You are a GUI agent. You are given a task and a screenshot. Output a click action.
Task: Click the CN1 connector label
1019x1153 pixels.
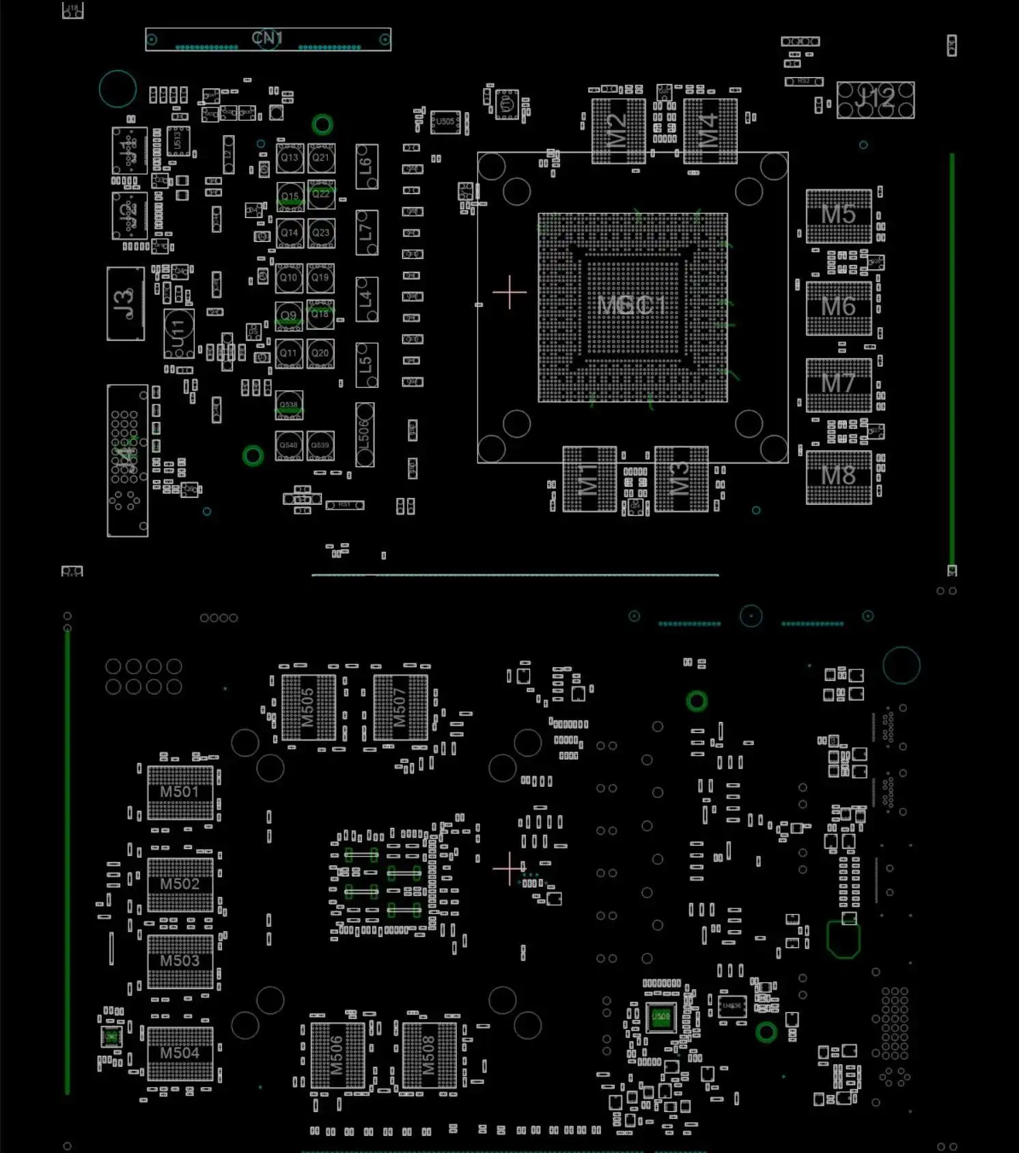click(x=267, y=38)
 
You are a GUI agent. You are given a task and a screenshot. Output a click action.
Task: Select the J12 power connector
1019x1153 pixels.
click(x=875, y=100)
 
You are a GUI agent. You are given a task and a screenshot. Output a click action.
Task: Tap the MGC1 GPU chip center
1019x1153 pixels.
click(x=632, y=306)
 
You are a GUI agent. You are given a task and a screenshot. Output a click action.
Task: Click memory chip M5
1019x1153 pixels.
click(x=838, y=215)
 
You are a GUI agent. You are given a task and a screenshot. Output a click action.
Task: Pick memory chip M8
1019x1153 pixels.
click(x=838, y=476)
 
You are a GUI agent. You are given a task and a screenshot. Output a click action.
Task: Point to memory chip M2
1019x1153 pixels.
click(x=617, y=130)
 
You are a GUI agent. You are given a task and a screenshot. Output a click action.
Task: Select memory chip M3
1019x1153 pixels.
click(x=681, y=478)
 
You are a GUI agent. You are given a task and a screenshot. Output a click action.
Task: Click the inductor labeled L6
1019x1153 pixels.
click(x=366, y=166)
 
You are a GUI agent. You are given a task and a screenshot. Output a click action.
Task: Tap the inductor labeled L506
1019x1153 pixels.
click(x=364, y=434)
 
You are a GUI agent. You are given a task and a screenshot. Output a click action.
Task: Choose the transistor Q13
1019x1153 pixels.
click(x=290, y=158)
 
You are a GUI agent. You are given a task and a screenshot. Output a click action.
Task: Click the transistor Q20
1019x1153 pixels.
click(x=320, y=353)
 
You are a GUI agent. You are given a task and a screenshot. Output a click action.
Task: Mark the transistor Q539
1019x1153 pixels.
click(x=320, y=445)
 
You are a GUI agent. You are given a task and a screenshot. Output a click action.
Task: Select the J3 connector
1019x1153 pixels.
click(x=126, y=303)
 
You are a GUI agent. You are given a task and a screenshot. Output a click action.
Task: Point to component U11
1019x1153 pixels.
click(x=178, y=333)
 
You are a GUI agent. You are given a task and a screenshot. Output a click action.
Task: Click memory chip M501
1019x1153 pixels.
click(x=180, y=792)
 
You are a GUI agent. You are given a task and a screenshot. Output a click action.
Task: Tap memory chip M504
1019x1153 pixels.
click(x=180, y=1053)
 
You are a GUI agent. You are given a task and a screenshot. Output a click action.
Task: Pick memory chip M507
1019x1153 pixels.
click(x=400, y=707)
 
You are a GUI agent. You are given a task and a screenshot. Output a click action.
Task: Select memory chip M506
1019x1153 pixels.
click(x=337, y=1055)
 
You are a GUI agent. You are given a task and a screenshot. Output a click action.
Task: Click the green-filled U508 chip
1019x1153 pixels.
click(x=660, y=1016)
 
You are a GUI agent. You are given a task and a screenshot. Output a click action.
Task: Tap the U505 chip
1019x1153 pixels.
click(x=445, y=122)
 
